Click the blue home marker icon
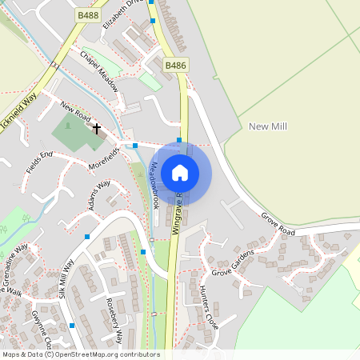click(180, 172)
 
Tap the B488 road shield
click(88, 15)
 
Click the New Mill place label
click(268, 126)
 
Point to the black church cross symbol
click(97, 128)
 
